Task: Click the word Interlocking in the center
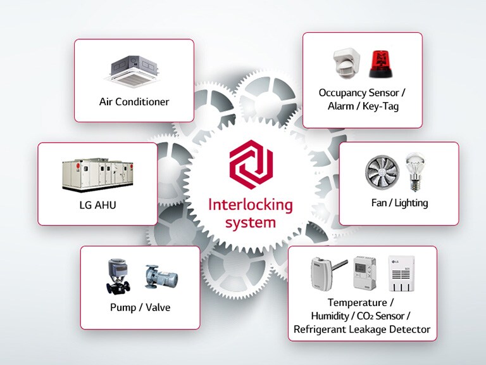tap(251, 205)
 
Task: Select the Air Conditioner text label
tap(134, 101)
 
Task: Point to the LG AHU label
tap(97, 205)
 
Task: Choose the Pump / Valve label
tap(140, 308)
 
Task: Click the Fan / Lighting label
tap(399, 203)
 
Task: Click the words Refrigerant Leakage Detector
tap(362, 330)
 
